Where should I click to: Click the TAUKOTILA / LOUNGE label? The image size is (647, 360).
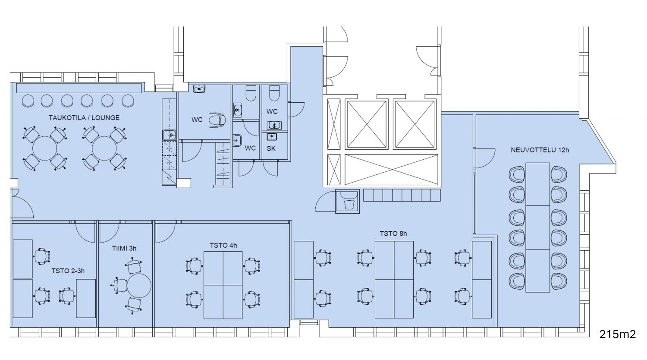pos(84,118)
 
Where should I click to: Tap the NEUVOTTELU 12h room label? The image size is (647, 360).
pos(540,150)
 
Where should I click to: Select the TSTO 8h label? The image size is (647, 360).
pos(393,234)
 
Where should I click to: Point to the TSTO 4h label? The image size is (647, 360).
pos(223,245)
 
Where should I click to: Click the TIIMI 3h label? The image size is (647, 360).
pos(124,248)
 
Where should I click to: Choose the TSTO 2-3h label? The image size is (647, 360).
pos(68,271)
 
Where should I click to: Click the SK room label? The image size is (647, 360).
pos(271,148)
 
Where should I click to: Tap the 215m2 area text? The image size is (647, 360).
pos(618,334)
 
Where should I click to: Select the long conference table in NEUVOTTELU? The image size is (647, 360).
pos(537,227)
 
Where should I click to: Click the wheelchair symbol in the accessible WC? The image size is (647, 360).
pos(217,120)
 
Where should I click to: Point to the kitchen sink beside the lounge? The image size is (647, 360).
pos(169,135)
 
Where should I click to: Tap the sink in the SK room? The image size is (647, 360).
pos(271,136)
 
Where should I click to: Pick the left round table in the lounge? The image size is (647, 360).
pos(45,148)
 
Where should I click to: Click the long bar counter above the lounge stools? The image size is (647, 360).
pos(79,88)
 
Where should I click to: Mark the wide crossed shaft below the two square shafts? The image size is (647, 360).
pos(391,170)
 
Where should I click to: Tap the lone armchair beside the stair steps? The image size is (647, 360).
pos(349,205)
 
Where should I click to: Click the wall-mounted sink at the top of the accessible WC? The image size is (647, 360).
pos(199,89)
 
